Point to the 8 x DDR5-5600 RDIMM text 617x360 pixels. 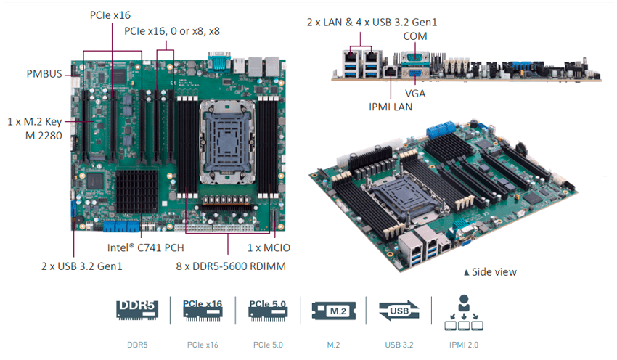point(231,266)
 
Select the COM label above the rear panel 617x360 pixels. point(414,36)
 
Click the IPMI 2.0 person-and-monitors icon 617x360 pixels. point(464,311)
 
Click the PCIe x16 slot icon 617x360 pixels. point(203,309)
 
